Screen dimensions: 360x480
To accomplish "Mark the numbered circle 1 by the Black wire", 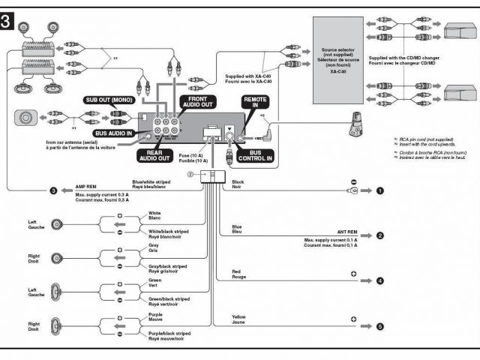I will [380, 191].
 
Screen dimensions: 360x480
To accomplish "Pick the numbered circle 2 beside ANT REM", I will [380, 235].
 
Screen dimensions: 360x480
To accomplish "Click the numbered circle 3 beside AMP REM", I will [53, 191].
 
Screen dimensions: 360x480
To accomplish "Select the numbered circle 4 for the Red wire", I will [380, 280].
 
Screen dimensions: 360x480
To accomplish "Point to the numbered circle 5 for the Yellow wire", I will [380, 326].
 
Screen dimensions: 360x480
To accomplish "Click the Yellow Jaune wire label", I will [239, 319].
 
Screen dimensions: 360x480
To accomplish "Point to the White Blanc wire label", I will [155, 216].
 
